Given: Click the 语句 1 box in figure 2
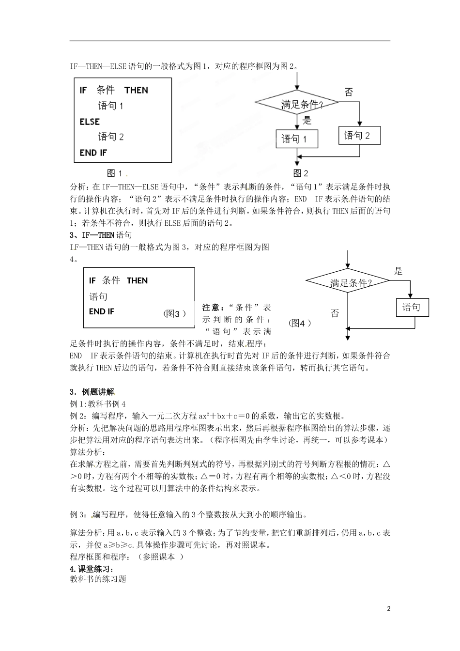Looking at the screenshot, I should [x=297, y=139].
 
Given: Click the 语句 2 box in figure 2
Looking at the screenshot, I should [x=359, y=136].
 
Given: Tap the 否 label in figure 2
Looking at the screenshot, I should [x=348, y=92].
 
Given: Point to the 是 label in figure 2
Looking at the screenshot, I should [x=307, y=121].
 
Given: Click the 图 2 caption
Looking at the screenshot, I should [x=300, y=173].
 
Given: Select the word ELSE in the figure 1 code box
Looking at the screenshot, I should [x=90, y=122].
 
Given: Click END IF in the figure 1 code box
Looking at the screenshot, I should [x=93, y=153].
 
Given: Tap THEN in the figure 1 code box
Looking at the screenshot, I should [x=136, y=90].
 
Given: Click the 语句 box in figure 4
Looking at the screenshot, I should [x=411, y=308].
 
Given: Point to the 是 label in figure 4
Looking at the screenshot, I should [x=398, y=271].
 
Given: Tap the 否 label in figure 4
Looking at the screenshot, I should [x=335, y=313].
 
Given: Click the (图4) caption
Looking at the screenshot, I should [x=299, y=323].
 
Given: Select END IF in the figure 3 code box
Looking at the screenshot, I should [x=102, y=311].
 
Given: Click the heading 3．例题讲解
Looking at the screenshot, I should [x=92, y=392].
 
